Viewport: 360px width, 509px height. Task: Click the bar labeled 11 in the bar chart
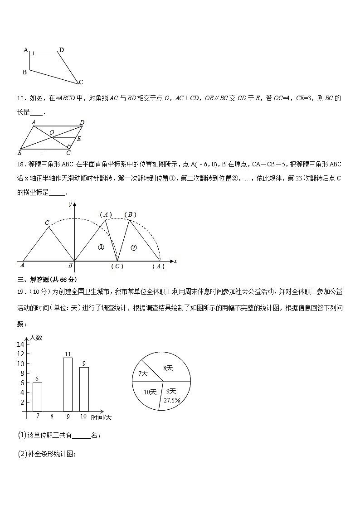point(68,384)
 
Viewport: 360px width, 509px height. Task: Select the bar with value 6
point(37,397)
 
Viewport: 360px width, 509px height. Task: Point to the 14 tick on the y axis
point(20,344)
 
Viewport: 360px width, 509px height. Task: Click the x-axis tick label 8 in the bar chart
point(52,416)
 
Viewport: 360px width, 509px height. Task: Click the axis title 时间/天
point(101,417)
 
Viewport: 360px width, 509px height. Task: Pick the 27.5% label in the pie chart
point(172,400)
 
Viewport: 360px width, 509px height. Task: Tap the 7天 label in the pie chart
point(143,373)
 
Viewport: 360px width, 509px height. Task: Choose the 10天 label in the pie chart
point(150,392)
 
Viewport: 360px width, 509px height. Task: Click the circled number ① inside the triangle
point(101,247)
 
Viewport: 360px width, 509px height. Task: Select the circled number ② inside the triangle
point(133,247)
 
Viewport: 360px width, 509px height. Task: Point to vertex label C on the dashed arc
point(47,223)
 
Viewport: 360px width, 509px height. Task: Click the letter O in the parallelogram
point(52,132)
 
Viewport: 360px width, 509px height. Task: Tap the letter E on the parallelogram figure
point(79,139)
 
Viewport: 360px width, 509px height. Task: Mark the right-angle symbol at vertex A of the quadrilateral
point(32,53)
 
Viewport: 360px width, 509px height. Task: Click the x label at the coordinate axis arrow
point(175,261)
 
